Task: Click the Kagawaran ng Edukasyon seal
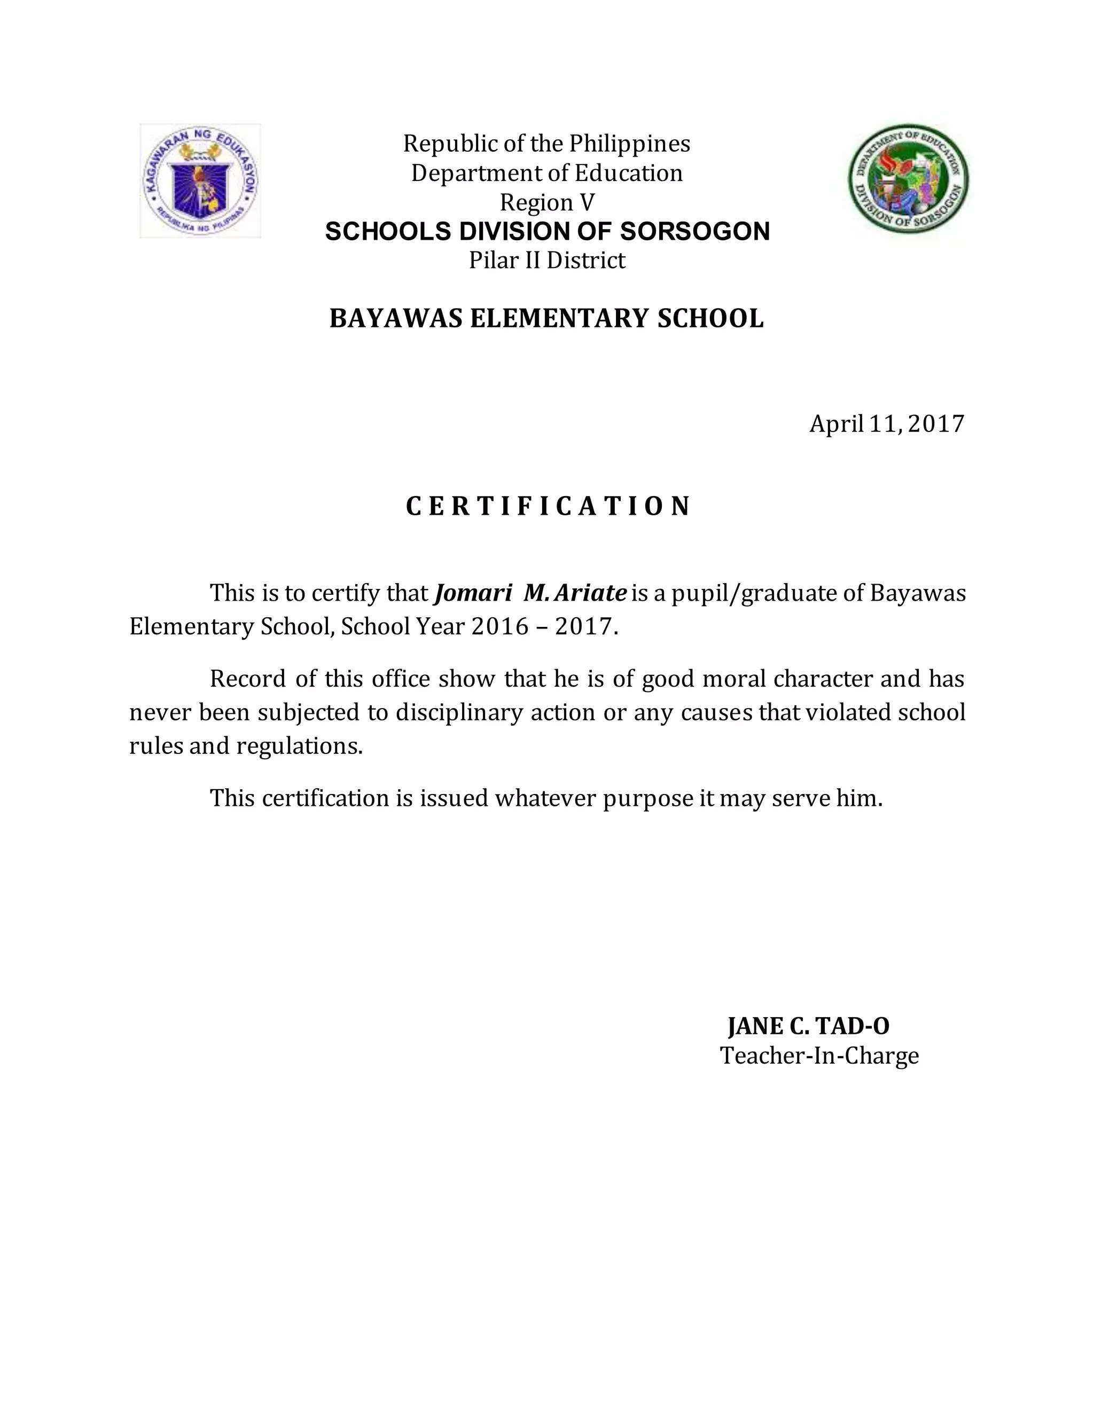tap(200, 181)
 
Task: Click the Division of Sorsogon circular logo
tap(909, 179)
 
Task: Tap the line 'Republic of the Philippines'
tap(546, 143)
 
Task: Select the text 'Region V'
tap(546, 203)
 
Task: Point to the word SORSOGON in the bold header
tap(695, 231)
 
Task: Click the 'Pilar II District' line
tap(546, 261)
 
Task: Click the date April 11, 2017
tap(887, 424)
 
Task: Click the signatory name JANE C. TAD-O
tap(808, 1026)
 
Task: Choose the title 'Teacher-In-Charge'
tap(819, 1056)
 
